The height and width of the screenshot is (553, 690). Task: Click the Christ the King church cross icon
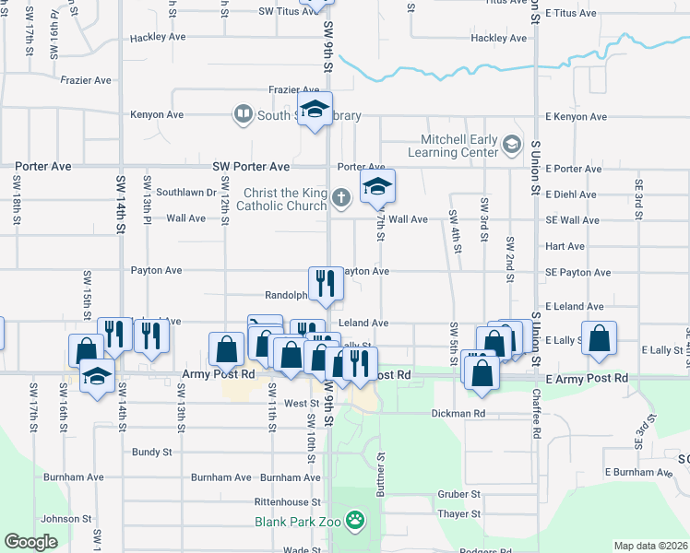[x=340, y=195]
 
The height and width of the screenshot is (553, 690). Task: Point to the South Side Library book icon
[x=243, y=114]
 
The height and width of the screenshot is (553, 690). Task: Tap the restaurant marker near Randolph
[x=326, y=284]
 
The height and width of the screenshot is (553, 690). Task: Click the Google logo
[x=31, y=541]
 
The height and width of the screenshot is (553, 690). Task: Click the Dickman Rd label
[x=458, y=414]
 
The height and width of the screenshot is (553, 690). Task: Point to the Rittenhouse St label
[x=288, y=502]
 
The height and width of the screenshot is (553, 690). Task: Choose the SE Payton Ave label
[x=577, y=273]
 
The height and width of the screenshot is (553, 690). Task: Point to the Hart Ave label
[x=565, y=247]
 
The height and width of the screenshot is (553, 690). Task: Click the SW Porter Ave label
[x=251, y=167]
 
